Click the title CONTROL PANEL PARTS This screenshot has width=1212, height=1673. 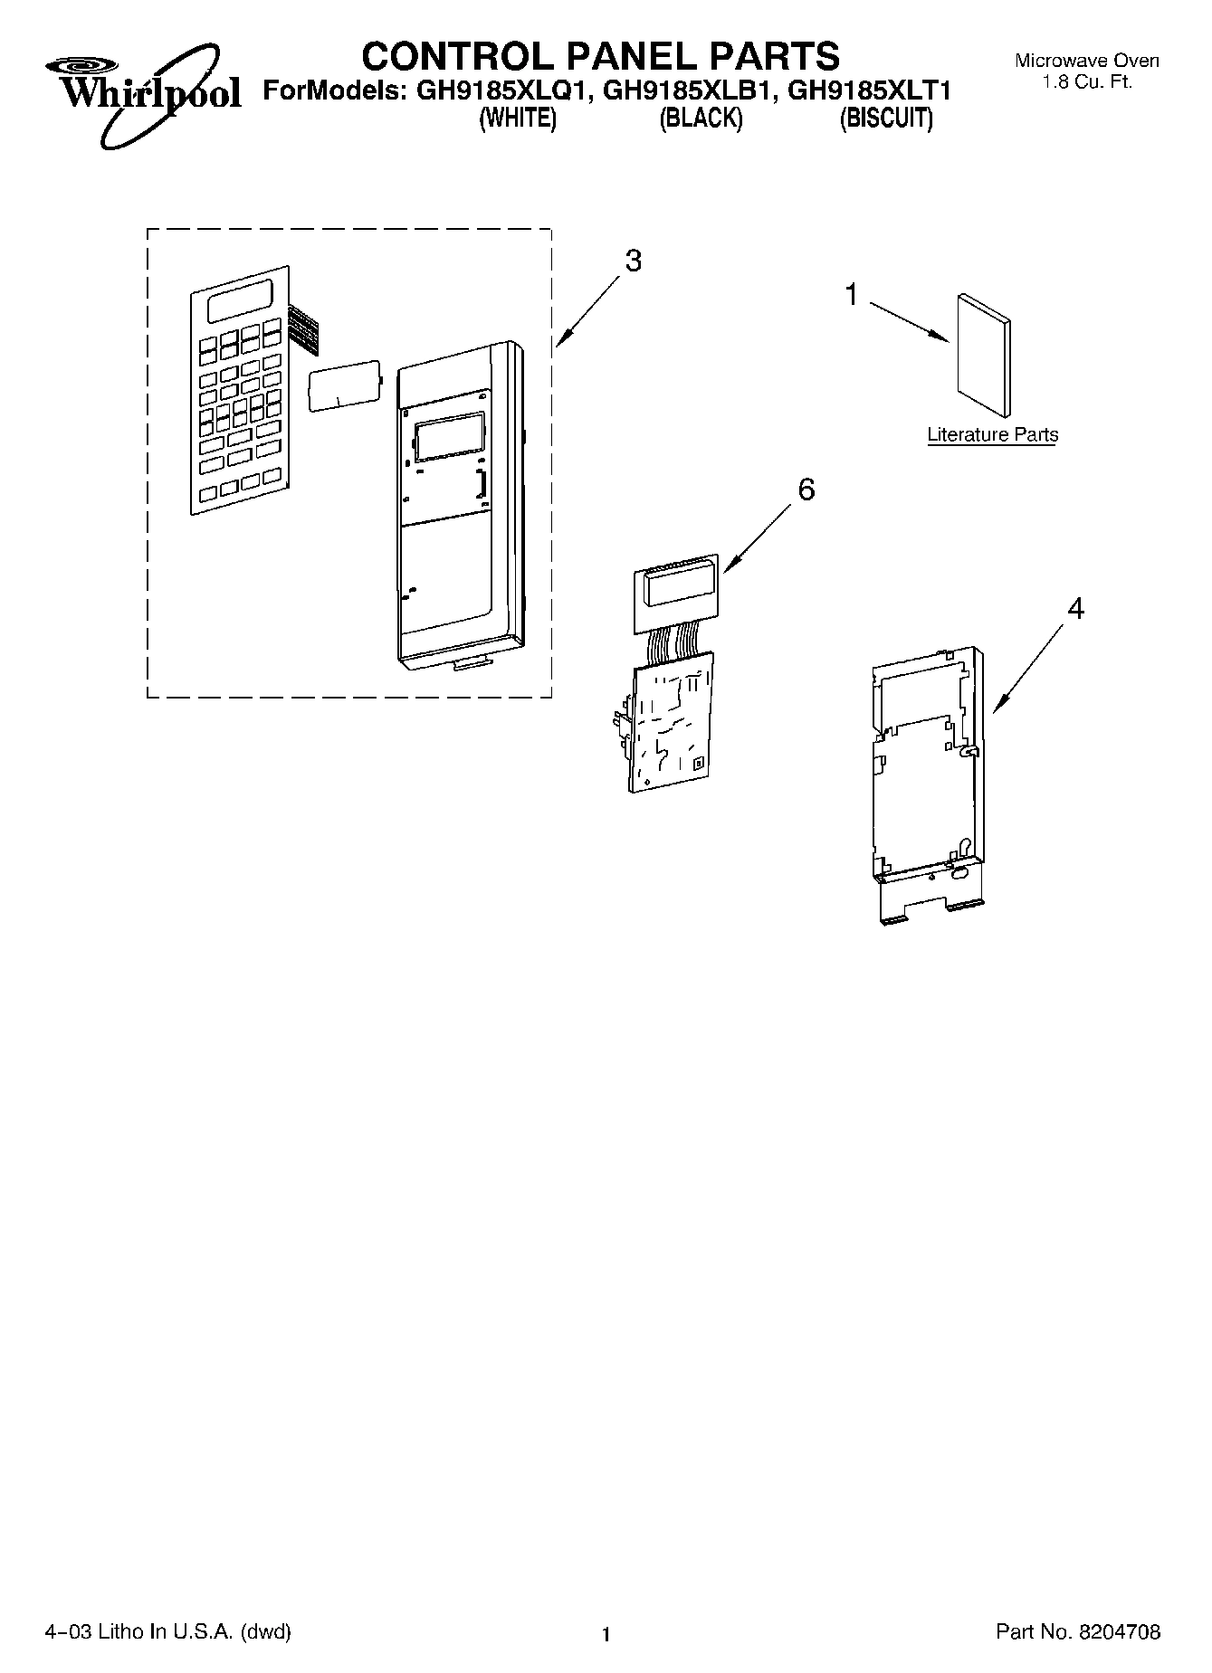pyautogui.click(x=600, y=56)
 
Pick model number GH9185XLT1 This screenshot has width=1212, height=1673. pyautogui.click(x=870, y=91)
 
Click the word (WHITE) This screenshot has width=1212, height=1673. pyautogui.click(x=517, y=119)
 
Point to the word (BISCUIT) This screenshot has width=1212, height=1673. pyautogui.click(x=886, y=119)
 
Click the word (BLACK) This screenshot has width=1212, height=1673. pyautogui.click(x=701, y=119)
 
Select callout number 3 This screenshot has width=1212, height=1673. pyautogui.click(x=633, y=261)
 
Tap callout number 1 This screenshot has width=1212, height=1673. pyautogui.click(x=851, y=295)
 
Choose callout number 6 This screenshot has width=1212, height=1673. pyautogui.click(x=806, y=490)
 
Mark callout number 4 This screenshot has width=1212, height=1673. pyautogui.click(x=1074, y=609)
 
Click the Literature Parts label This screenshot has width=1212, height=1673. pyautogui.click(x=992, y=435)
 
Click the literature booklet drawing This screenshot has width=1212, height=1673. pyautogui.click(x=984, y=354)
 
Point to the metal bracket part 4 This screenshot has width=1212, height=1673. pyautogui.click(x=924, y=778)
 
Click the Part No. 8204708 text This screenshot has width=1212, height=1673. pyautogui.click(x=1077, y=1632)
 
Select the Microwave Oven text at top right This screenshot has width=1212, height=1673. pyautogui.click(x=1086, y=62)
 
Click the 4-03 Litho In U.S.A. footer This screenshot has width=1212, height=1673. pyautogui.click(x=167, y=1632)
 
